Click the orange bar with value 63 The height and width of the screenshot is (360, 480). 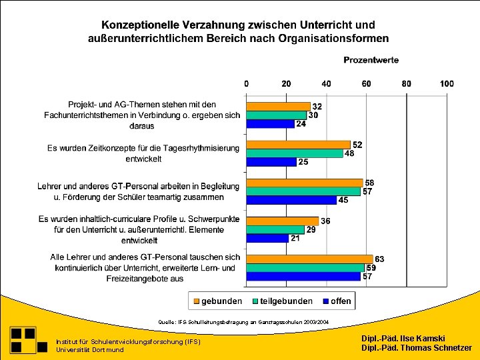[309, 259]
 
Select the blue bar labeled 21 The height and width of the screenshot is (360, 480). [267, 238]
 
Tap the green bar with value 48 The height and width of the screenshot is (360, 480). [294, 153]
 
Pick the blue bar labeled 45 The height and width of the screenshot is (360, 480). [291, 200]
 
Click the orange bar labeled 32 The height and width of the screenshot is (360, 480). [278, 106]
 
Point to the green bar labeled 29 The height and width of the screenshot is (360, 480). [275, 229]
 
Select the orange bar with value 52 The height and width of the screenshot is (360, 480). [298, 145]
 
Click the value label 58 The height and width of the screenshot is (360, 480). [369, 183]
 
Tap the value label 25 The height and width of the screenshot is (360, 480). [303, 162]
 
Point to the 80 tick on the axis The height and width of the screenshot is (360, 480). [406, 84]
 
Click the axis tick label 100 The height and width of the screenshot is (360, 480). [446, 84]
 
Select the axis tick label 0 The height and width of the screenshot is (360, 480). [247, 84]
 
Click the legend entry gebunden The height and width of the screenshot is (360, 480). [217, 301]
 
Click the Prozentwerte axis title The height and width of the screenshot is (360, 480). [371, 60]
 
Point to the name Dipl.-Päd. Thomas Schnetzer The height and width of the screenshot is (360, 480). [416, 348]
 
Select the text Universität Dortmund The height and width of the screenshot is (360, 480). [90, 349]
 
